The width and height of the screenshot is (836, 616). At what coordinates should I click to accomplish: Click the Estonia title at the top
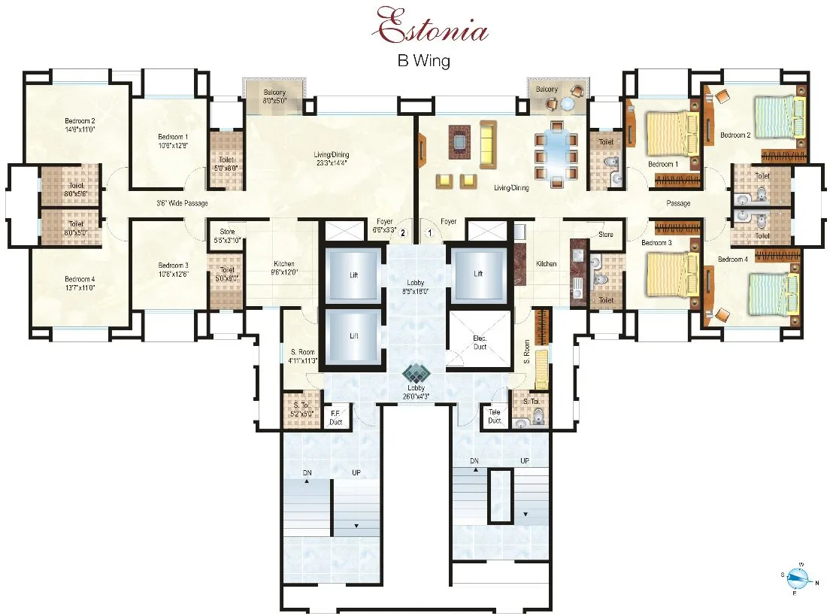coord(432,27)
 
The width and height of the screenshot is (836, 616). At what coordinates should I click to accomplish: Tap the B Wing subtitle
coord(424,61)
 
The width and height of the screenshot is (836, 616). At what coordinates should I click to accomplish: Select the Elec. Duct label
coord(479,343)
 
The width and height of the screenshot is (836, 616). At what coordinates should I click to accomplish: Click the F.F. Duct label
coord(336,417)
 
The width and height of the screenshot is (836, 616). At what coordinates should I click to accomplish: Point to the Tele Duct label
coord(494,416)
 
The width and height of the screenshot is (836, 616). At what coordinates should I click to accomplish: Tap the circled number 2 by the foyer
coord(403,233)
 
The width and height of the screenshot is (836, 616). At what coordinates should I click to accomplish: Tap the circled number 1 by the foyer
coord(430,233)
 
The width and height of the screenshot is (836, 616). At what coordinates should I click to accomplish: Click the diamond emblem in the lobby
coord(416,374)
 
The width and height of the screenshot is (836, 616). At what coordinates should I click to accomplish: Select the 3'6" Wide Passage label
coord(182,203)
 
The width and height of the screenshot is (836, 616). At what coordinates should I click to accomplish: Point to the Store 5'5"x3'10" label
coord(227,235)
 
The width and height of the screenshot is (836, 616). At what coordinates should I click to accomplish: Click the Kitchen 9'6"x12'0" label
coord(283,268)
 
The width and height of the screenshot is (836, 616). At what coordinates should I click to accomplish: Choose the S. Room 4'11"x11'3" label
coord(302,356)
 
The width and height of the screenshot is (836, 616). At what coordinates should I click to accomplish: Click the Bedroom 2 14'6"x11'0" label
coord(79,125)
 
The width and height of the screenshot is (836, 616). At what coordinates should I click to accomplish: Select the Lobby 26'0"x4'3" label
coord(416,392)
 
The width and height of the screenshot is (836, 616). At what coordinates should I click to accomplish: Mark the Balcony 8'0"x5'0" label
coord(274,96)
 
